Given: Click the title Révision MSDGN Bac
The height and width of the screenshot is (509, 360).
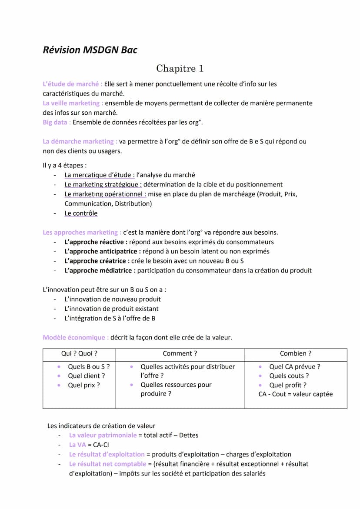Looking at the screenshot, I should coord(90,50).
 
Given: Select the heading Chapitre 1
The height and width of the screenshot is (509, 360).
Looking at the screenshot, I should coord(180,69).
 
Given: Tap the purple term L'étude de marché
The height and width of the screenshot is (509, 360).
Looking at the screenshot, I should coord(72,84).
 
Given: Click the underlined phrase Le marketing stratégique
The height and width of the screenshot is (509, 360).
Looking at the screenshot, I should coord(103,185).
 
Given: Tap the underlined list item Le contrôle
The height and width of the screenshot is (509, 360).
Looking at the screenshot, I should coord(81,213).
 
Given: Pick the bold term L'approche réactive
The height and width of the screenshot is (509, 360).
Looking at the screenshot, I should coord(96,242).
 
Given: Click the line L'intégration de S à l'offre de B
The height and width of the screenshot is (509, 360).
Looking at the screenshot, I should coord(110,318).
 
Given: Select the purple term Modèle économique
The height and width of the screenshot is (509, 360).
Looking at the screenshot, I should coord(76,337).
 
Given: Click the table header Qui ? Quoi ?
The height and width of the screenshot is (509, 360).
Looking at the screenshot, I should coord(79,354).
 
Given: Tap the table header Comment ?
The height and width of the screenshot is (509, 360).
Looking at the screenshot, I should coord(180,354).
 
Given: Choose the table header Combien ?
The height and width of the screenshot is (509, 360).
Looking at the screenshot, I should coord(295,354).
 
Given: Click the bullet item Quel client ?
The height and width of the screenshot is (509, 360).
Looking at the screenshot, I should coord(86,376).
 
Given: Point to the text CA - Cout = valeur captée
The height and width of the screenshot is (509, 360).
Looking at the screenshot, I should coord(295,394).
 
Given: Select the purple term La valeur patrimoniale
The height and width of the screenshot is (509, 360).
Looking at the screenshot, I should coord(103,435).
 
